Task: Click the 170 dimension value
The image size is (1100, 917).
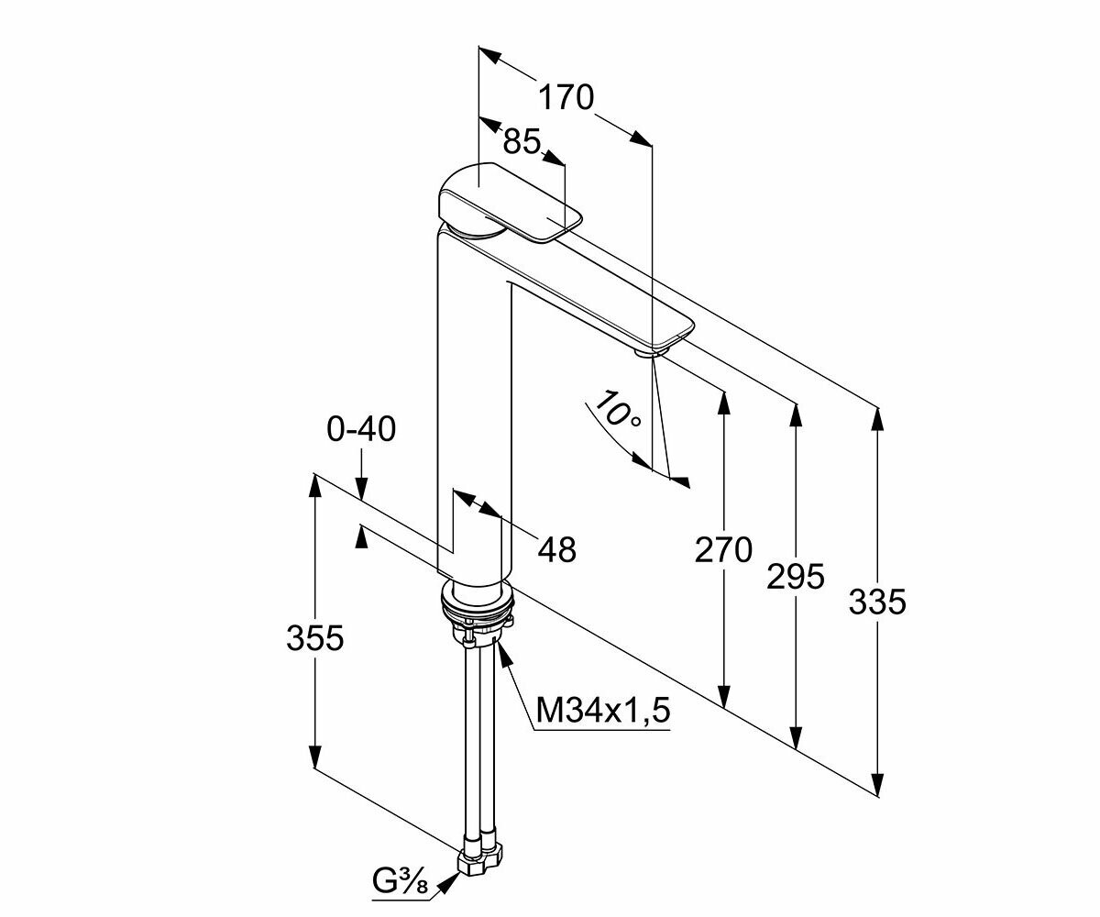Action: tap(566, 96)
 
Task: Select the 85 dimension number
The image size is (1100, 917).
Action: tap(522, 140)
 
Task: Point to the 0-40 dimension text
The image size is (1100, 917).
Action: tap(362, 428)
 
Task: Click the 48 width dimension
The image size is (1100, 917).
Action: tap(556, 549)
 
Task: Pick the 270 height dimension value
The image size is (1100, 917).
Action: tap(723, 550)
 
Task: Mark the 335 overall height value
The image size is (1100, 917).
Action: tap(877, 602)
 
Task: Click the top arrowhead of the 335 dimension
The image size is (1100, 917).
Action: tap(877, 418)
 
